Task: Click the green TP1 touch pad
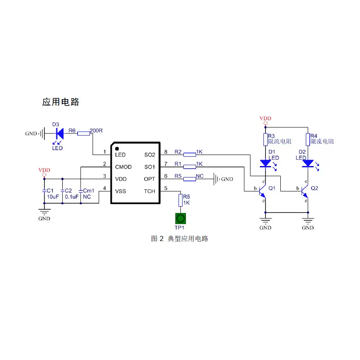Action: [x=180, y=219]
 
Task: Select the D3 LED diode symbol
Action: [x=60, y=133]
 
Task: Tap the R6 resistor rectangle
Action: [x=83, y=133]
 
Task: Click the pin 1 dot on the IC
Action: [x=117, y=149]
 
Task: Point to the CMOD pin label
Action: [x=123, y=167]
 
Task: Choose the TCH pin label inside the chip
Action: [x=150, y=191]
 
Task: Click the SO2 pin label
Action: [x=150, y=155]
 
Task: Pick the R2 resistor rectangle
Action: [x=190, y=155]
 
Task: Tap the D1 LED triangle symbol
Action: [x=266, y=163]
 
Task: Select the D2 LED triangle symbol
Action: [x=308, y=163]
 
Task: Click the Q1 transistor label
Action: [x=272, y=188]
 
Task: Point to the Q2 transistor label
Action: [x=314, y=188]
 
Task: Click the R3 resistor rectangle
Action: [x=266, y=140]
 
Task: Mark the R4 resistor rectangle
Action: [x=308, y=140]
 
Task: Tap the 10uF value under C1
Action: [x=53, y=197]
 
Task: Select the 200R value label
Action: [x=96, y=130]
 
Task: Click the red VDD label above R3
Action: [x=266, y=118]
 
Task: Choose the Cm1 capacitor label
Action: [x=89, y=191]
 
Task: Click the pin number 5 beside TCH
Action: [x=166, y=188]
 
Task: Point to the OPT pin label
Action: [x=150, y=179]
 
